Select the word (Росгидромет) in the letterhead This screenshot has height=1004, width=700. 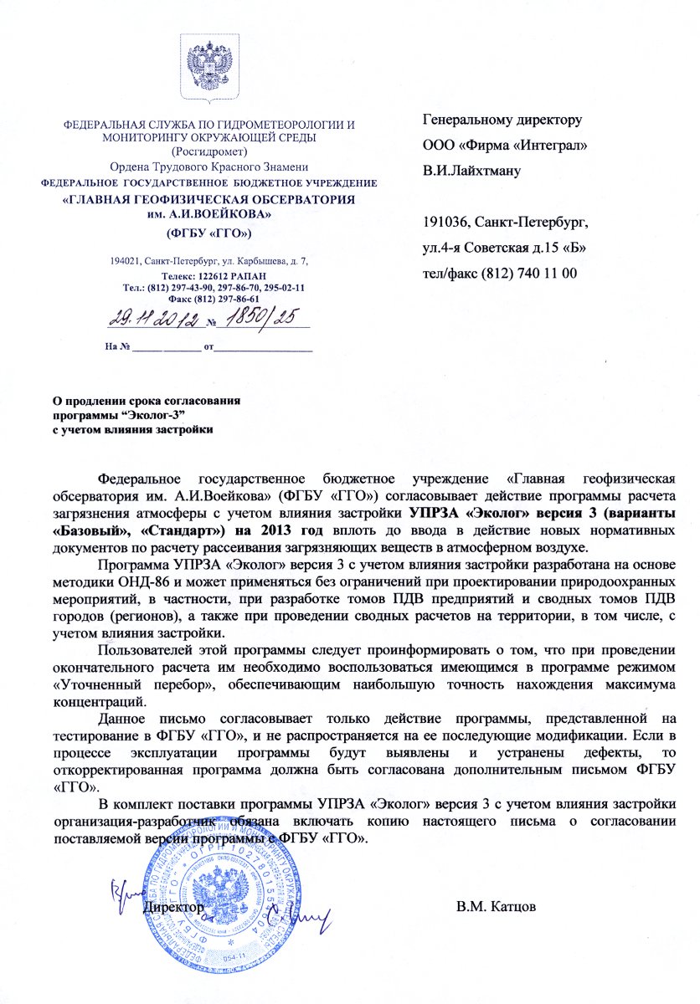coord(209,151)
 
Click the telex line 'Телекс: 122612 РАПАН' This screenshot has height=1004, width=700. coord(210,275)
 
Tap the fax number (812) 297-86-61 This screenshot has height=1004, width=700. coord(227,299)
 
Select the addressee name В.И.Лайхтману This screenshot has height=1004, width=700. coord(472,172)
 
